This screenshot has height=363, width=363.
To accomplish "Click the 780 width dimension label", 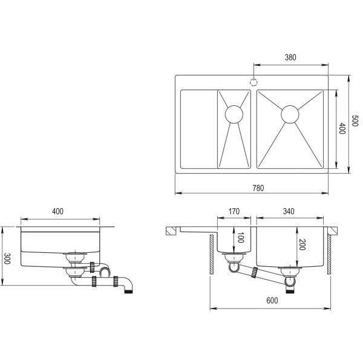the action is (x=258, y=188).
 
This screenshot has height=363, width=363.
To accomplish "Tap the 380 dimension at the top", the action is (x=290, y=57).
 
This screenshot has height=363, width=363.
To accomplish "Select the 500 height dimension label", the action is (x=355, y=120).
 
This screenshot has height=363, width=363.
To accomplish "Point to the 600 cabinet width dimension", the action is (x=272, y=300).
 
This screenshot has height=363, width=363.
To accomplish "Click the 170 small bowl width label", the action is (x=234, y=211).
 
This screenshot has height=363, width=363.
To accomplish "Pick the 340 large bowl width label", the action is (x=289, y=211).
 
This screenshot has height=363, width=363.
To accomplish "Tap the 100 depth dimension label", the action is (x=241, y=238).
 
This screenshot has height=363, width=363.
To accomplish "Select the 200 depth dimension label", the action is (x=302, y=244).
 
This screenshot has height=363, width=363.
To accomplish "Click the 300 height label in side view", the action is (x=7, y=258).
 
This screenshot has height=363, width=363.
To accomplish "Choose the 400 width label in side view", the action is (x=57, y=211).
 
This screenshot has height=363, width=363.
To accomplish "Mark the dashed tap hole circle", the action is (x=253, y=82).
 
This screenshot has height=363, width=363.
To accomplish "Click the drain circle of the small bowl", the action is (x=234, y=114).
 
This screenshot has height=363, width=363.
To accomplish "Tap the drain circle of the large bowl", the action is (x=290, y=114).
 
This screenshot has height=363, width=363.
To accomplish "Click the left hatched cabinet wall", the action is (x=212, y=255).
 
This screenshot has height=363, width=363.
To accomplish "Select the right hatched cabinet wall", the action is (x=329, y=255).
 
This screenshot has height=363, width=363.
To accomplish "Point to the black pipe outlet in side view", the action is (x=128, y=290).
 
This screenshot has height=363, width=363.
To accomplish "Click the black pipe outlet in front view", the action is (x=290, y=290).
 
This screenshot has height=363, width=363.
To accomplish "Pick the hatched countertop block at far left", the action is (x=171, y=231).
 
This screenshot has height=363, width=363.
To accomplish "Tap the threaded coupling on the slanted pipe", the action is (x=254, y=273).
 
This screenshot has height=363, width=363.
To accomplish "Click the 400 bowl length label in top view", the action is (x=342, y=128).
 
